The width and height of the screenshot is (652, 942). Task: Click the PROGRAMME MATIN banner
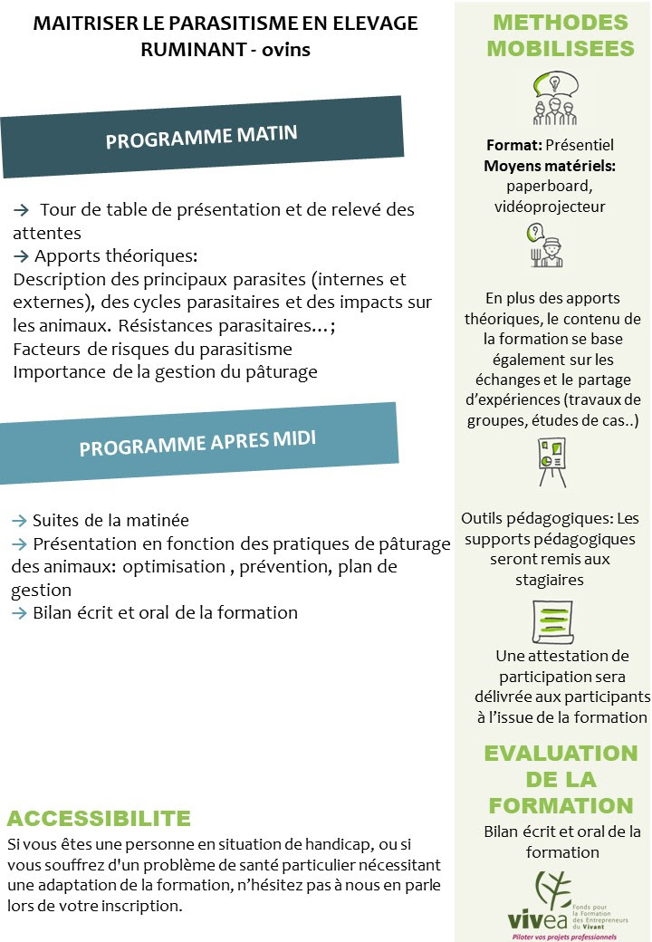201,138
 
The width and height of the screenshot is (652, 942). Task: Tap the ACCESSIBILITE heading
99,819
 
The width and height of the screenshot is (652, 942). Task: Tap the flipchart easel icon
551,462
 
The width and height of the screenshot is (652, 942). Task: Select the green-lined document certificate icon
551,621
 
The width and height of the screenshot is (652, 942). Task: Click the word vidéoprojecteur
549,207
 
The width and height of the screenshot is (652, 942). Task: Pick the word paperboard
549,186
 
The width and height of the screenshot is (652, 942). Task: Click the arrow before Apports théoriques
22,256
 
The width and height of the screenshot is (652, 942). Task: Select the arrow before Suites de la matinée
19,521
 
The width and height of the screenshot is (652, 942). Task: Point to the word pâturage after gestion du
281,371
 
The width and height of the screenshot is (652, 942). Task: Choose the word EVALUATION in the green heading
561,754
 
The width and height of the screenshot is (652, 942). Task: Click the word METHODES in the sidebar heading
561,23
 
